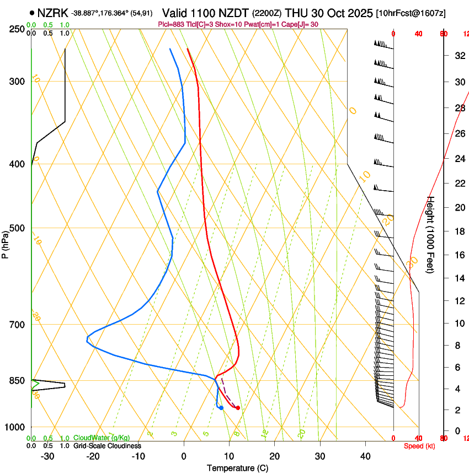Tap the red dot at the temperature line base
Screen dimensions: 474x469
click(238, 408)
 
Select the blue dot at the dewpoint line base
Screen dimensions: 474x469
click(221, 408)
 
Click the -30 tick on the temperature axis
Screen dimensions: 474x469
click(47, 456)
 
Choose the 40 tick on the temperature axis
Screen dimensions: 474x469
click(365, 456)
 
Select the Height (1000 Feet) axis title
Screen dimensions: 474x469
click(431, 234)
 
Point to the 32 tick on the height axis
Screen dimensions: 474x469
click(458, 55)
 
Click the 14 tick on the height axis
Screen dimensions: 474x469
click(458, 278)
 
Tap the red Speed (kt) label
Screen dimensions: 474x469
click(419, 446)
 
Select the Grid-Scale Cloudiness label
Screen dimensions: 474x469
click(107, 446)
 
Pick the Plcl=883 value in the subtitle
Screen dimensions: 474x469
click(173, 24)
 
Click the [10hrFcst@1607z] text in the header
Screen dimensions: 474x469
click(411, 13)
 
